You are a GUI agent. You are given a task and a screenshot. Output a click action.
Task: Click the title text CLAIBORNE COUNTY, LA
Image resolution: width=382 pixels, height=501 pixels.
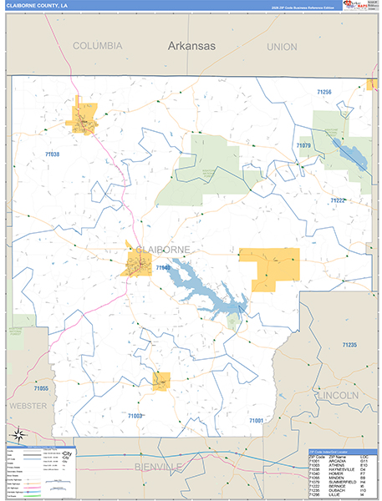coord(38,6)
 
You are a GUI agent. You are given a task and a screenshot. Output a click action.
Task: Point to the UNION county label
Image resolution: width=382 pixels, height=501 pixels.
coord(282,47)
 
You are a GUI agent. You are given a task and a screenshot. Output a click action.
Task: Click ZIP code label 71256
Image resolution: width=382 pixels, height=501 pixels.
coord(324,91)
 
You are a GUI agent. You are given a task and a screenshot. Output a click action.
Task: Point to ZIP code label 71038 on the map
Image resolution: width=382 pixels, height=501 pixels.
coord(52,154)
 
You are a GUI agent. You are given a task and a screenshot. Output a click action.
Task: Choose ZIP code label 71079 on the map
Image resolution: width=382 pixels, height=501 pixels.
coord(303,146)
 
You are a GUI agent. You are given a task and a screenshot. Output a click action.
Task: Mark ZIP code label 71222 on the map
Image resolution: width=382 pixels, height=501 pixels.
coord(337,200)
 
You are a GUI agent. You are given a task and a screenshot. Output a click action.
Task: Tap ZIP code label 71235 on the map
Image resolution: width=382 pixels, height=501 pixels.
coord(349,345)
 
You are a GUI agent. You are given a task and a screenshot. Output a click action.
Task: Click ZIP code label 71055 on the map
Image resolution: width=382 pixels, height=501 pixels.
coord(40,389)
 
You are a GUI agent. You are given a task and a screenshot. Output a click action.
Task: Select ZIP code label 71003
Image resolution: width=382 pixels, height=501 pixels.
coord(135,415)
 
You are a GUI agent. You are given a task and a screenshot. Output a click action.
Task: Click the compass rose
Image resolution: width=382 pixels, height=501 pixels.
coord(18,433)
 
